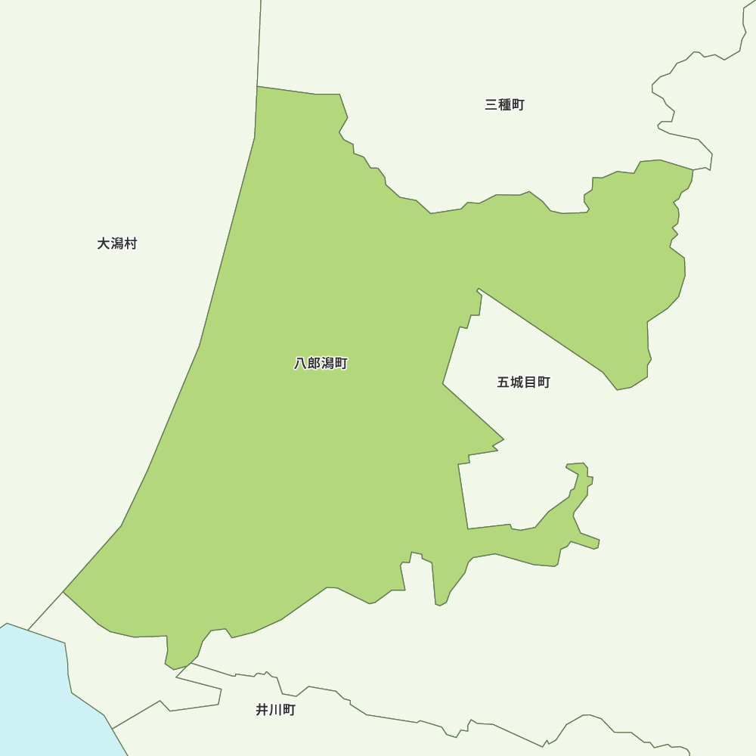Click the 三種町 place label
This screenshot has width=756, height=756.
pyautogui.click(x=504, y=105)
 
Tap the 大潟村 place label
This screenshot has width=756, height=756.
pyautogui.click(x=117, y=243)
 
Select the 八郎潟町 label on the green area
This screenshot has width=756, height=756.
pyautogui.click(x=321, y=364)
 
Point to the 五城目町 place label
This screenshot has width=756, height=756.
pyautogui.click(x=523, y=383)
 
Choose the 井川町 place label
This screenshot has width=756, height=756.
pyautogui.click(x=275, y=710)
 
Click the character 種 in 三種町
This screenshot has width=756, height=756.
pyautogui.click(x=504, y=105)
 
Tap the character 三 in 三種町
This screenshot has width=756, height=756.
pyautogui.click(x=491, y=105)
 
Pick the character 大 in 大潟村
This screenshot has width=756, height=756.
pyautogui.click(x=104, y=243)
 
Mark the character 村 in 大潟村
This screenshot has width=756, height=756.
pyautogui.click(x=131, y=243)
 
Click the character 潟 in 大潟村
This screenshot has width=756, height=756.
pyautogui.click(x=117, y=243)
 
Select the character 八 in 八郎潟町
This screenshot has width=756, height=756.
pyautogui.click(x=301, y=364)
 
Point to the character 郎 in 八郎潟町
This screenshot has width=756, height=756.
pyautogui.click(x=314, y=364)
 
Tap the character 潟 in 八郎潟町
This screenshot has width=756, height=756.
pyautogui.click(x=327, y=364)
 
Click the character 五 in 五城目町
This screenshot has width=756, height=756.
pyautogui.click(x=503, y=383)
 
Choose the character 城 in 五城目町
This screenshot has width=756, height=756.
pyautogui.click(x=517, y=383)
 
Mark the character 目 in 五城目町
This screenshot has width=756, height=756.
pyautogui.click(x=530, y=383)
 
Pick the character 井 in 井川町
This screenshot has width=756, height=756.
pyautogui.click(x=262, y=710)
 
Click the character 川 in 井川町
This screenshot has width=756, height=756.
pyautogui.click(x=275, y=710)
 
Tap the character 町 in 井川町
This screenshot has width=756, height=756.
pyautogui.click(x=289, y=710)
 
